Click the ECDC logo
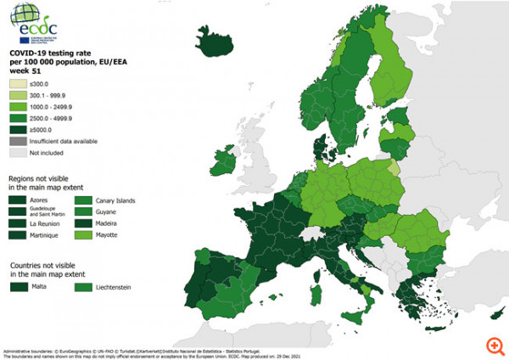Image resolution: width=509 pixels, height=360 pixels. point(38,25)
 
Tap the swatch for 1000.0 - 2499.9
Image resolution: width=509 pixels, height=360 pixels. point(18,108)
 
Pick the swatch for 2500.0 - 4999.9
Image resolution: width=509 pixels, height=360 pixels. point(18,119)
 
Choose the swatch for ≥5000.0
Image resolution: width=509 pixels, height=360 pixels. point(18,130)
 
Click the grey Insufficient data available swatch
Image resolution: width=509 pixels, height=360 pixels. point(18,141)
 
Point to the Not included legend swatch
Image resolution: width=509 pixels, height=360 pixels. point(18,153)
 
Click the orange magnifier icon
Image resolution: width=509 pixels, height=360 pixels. point(495,346)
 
